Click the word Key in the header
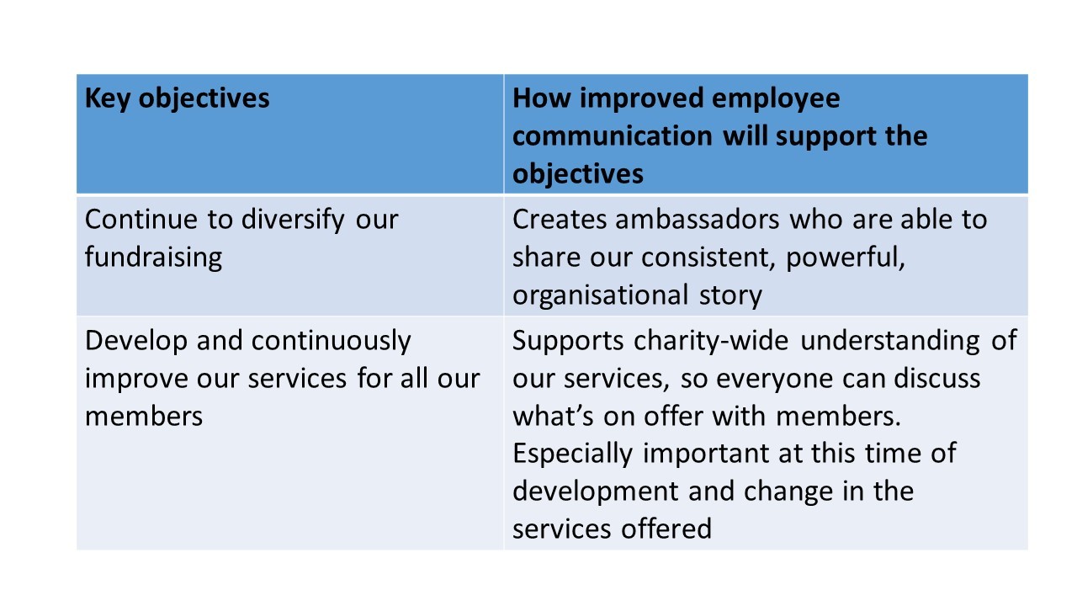coord(107,99)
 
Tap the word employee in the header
coord(775,99)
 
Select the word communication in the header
coord(612,136)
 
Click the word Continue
coord(141,220)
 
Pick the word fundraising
coord(153,258)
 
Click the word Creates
coord(558,220)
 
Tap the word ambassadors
coord(698,220)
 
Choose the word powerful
coord(846,258)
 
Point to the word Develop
coord(135,342)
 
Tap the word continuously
coord(331,342)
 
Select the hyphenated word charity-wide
coord(711,342)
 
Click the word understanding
coord(889,342)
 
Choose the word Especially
coord(572,454)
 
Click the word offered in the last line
coord(666,529)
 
